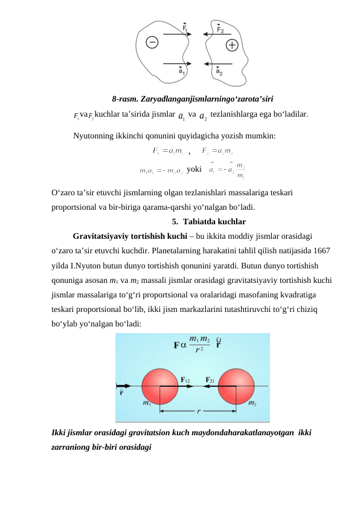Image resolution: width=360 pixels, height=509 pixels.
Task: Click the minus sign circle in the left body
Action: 152,42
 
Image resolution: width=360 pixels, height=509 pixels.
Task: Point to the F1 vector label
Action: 185,27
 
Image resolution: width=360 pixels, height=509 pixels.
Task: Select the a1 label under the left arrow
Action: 182,71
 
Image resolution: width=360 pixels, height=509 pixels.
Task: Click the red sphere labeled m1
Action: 160,385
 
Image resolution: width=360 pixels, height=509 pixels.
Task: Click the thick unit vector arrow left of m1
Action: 124,385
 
